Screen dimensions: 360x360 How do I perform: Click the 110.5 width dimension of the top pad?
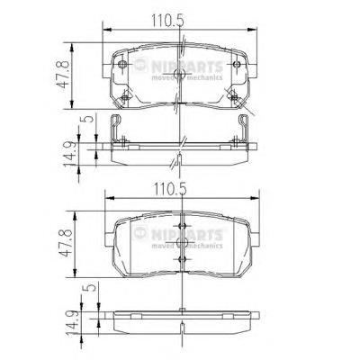click(x=167, y=21)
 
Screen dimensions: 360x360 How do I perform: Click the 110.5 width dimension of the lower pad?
click(x=170, y=189)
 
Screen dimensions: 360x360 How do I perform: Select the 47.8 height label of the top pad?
click(x=64, y=75)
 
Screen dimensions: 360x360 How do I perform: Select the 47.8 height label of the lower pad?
click(x=67, y=242)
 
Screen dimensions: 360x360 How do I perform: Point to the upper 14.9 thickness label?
click(x=68, y=154)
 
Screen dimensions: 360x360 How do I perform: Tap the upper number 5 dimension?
click(x=88, y=119)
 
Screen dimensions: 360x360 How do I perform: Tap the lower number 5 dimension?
click(x=91, y=287)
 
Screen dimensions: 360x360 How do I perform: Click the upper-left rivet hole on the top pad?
click(x=122, y=64)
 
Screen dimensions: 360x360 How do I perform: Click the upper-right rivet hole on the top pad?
click(x=237, y=64)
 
